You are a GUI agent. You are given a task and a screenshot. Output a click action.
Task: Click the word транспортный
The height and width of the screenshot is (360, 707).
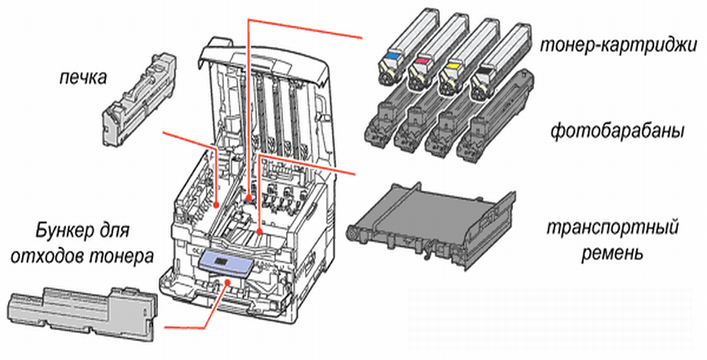tap(613, 230)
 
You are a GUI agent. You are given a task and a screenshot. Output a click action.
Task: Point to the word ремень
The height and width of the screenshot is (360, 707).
tap(613, 255)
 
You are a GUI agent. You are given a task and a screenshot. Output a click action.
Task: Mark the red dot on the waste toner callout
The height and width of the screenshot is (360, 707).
tap(228, 279)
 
